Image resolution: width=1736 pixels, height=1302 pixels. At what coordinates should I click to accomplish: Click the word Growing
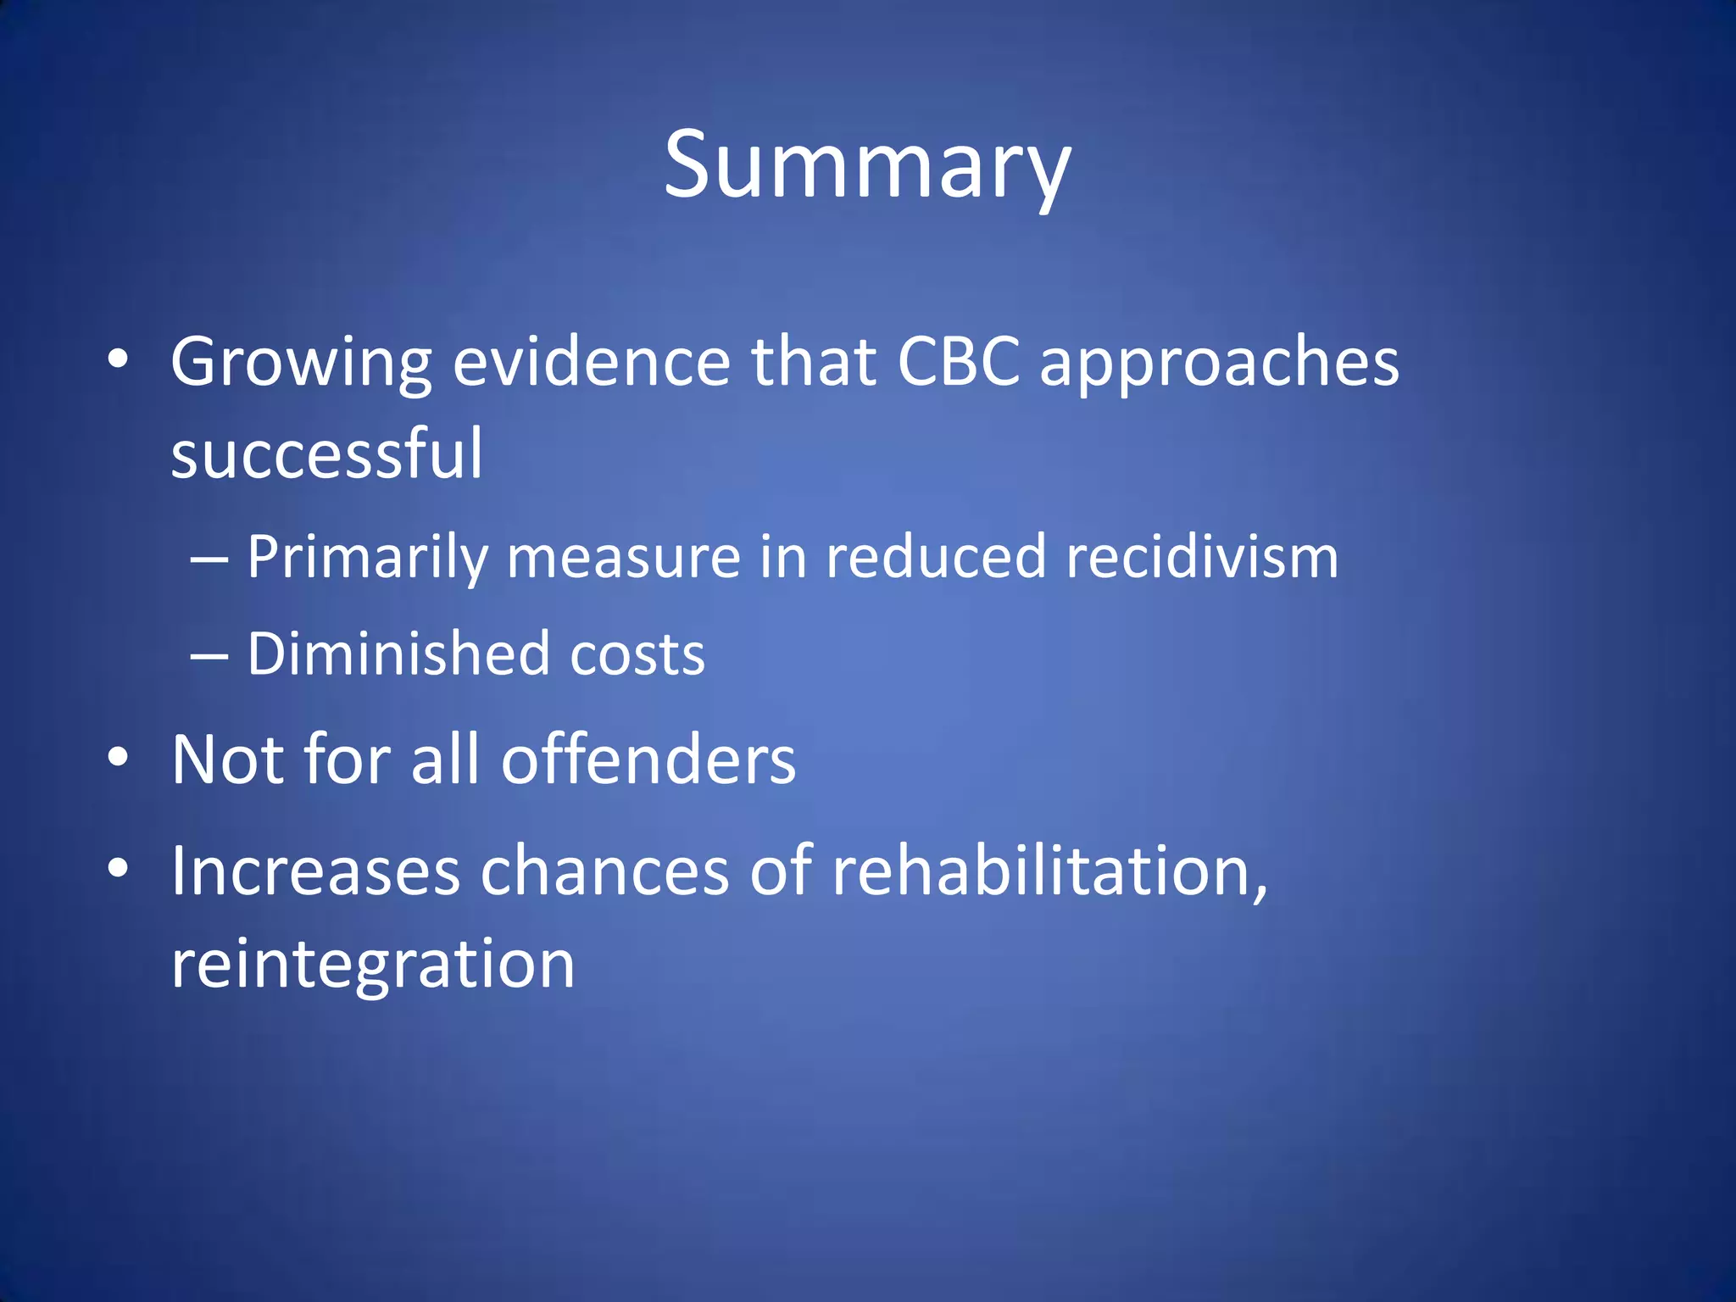tap(301, 363)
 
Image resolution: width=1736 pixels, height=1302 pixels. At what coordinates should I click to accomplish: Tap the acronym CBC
tap(958, 362)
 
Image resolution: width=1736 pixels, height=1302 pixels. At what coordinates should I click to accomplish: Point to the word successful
tap(326, 453)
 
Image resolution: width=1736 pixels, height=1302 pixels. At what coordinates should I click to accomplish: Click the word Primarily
tap(368, 558)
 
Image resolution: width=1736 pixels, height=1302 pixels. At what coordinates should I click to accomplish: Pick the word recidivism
tap(1202, 557)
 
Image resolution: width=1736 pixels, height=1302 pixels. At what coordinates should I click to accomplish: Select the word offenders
tap(648, 759)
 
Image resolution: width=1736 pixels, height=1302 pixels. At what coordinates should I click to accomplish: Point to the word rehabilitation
tap(1049, 871)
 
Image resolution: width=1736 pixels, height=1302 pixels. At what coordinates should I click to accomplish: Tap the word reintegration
tap(373, 965)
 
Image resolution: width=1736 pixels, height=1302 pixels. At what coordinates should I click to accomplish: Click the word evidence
tap(591, 362)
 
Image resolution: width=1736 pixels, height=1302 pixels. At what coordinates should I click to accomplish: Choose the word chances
tap(604, 871)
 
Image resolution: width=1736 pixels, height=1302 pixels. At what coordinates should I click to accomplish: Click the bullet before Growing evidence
tap(118, 359)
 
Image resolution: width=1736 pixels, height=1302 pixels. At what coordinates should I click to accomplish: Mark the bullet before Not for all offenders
tap(118, 756)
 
